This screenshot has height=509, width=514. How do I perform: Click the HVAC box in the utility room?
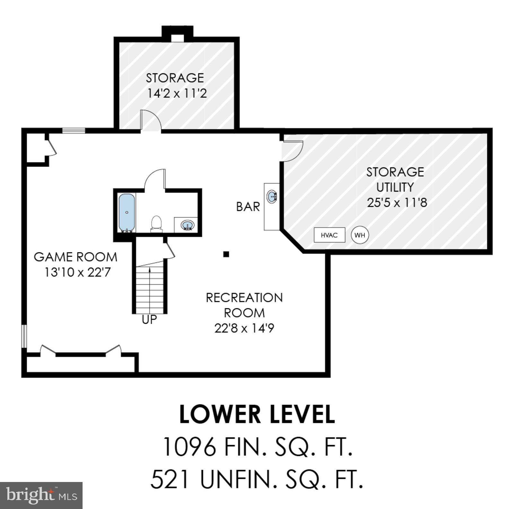click(329, 235)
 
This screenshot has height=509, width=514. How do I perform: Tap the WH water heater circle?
click(359, 235)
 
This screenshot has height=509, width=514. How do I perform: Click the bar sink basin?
click(272, 196)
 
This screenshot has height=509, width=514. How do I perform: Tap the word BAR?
click(248, 207)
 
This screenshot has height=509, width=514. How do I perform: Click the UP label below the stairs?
click(149, 320)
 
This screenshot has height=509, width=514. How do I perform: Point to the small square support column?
click(226, 254)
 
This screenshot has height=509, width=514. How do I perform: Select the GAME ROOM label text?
click(75, 257)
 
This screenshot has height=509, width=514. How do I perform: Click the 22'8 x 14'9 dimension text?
click(244, 329)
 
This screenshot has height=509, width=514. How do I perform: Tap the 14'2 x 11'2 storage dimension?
click(177, 94)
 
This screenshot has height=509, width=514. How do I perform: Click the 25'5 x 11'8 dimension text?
click(397, 203)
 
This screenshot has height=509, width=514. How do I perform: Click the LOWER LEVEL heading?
click(257, 415)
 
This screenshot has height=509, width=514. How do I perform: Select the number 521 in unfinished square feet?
click(169, 479)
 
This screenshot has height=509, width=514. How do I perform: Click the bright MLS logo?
click(41, 495)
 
